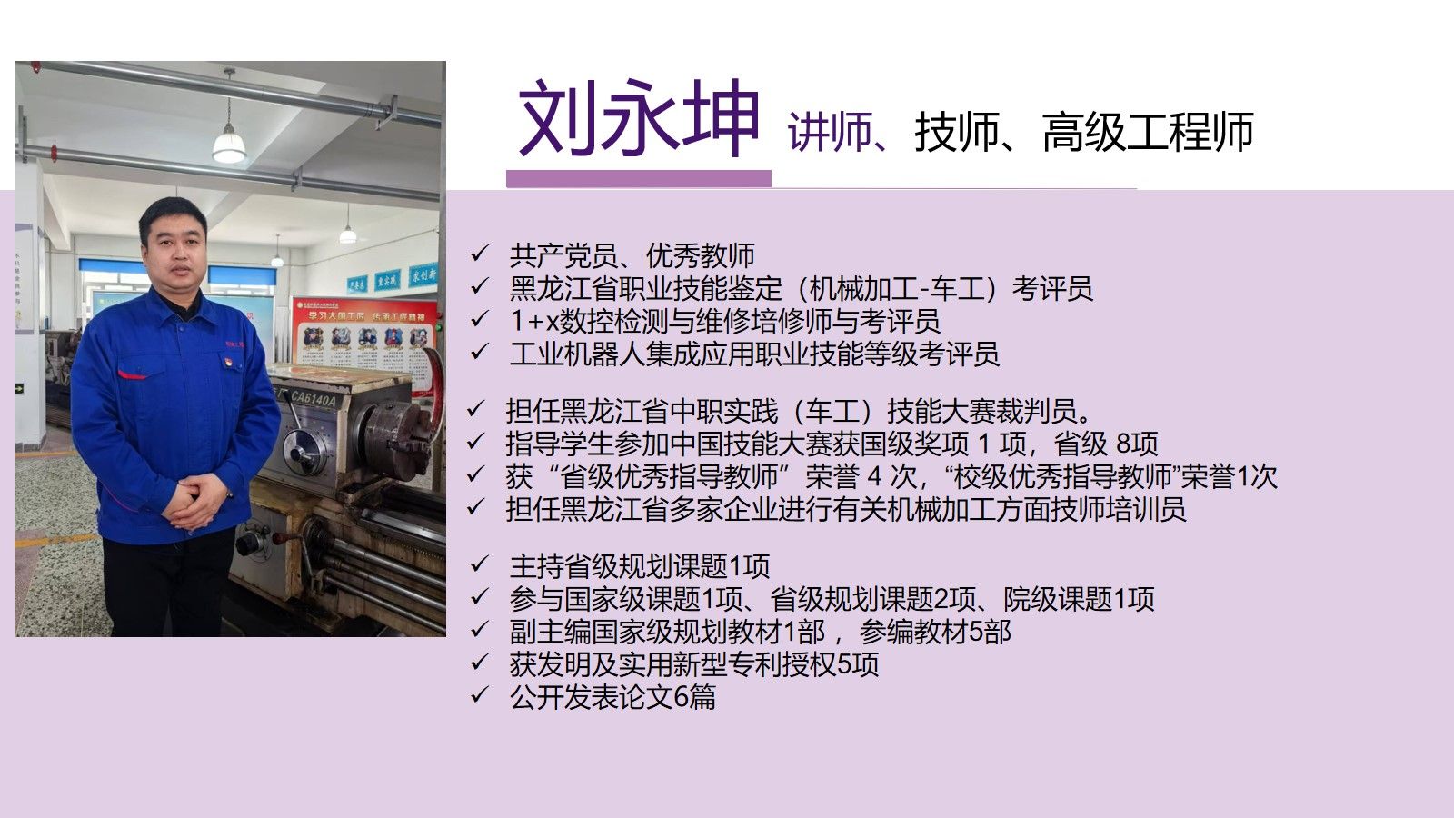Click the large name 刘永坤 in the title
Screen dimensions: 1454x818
tap(639, 117)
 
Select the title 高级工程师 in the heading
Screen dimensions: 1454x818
tap(1148, 132)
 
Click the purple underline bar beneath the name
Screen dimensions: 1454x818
tap(639, 178)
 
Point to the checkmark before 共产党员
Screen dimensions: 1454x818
tap(479, 254)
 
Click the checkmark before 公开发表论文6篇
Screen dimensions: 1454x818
tap(479, 695)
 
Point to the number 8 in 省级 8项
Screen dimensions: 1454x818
tap(1123, 444)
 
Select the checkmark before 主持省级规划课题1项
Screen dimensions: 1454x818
tap(479, 564)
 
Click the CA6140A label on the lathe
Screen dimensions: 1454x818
tap(313, 399)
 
